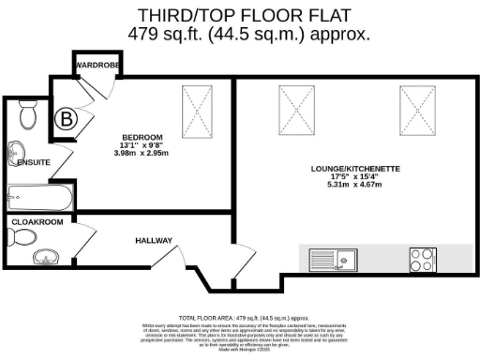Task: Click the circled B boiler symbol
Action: [x=67, y=119]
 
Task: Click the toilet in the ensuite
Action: [x=28, y=115]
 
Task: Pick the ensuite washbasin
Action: [x=16, y=153]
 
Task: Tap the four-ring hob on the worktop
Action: [x=421, y=255]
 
